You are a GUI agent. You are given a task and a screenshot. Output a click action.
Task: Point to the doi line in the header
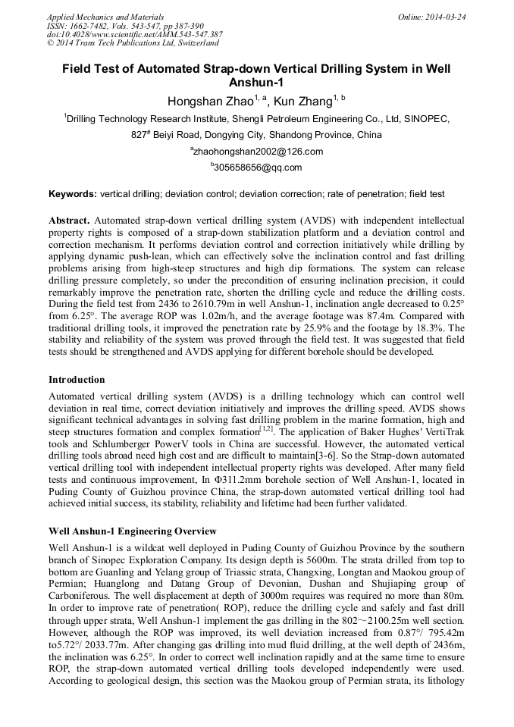click(134, 34)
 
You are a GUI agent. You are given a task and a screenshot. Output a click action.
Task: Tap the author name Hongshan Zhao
click(210, 101)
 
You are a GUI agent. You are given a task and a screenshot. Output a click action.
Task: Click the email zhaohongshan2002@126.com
click(259, 152)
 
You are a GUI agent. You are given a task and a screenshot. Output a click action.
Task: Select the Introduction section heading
click(77, 379)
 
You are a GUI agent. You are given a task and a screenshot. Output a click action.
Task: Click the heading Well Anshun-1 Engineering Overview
click(133, 531)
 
